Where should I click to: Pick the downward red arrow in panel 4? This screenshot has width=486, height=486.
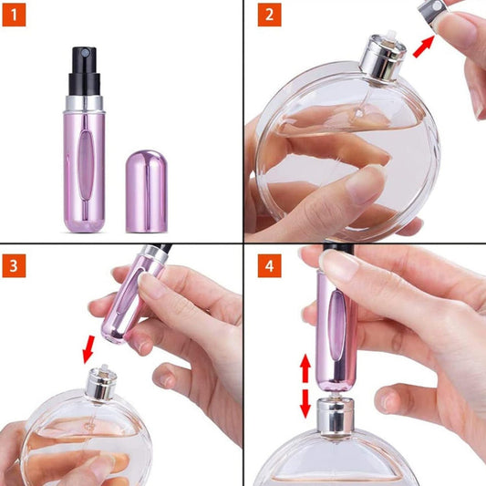(x=305, y=402)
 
